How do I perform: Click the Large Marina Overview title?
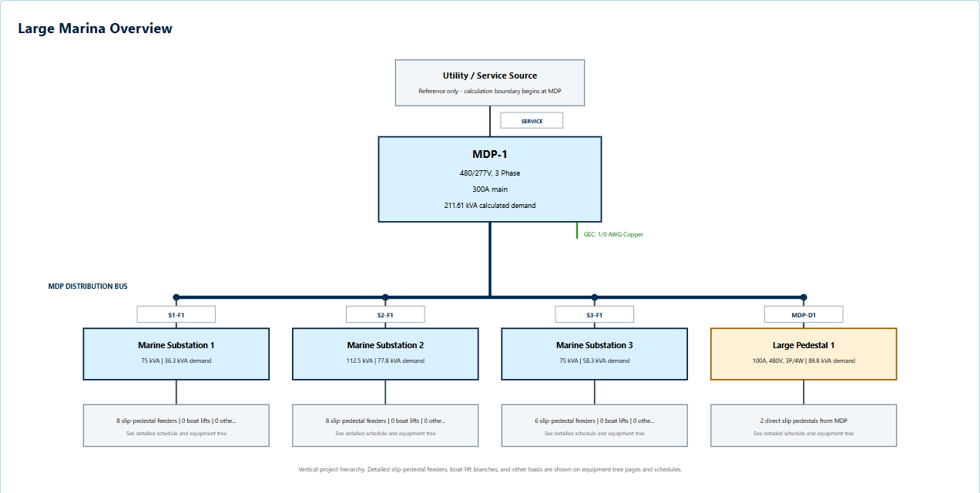95,29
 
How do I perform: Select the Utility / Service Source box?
489,82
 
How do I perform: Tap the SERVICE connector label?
532,121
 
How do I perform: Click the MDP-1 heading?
489,154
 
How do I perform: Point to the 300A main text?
489,189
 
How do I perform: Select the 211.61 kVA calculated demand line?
489,206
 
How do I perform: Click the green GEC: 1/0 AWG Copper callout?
613,234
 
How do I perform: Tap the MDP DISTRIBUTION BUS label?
88,287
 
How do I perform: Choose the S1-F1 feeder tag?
176,314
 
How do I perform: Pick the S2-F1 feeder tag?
385,314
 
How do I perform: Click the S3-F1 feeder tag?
594,314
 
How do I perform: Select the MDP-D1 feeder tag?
804,314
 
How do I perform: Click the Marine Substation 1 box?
176,354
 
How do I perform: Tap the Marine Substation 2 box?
385,354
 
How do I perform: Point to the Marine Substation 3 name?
594,345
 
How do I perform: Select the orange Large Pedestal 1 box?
804,354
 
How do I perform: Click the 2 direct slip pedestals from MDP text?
804,421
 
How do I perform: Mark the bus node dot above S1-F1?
176,297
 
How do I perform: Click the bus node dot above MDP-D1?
804,297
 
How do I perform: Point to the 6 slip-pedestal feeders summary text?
594,421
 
